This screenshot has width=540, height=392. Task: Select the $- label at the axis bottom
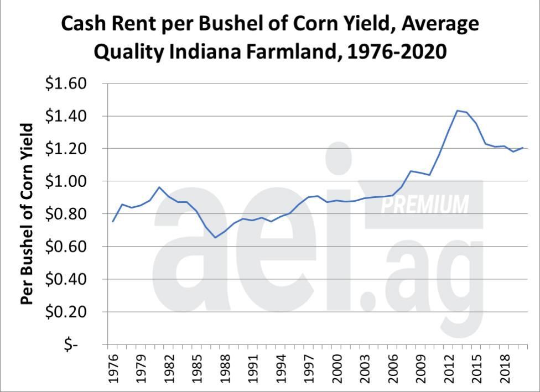click(x=71, y=345)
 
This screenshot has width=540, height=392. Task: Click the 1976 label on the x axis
click(x=111, y=369)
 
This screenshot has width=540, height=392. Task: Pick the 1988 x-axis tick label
click(x=224, y=369)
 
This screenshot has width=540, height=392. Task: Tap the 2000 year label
click(x=337, y=369)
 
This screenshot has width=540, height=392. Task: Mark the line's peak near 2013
click(x=458, y=111)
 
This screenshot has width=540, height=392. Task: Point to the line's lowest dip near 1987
click(x=215, y=237)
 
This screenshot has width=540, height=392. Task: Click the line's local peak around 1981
click(x=159, y=187)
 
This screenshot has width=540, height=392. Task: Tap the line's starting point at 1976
click(x=112, y=222)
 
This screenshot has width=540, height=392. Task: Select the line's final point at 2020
click(x=523, y=148)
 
